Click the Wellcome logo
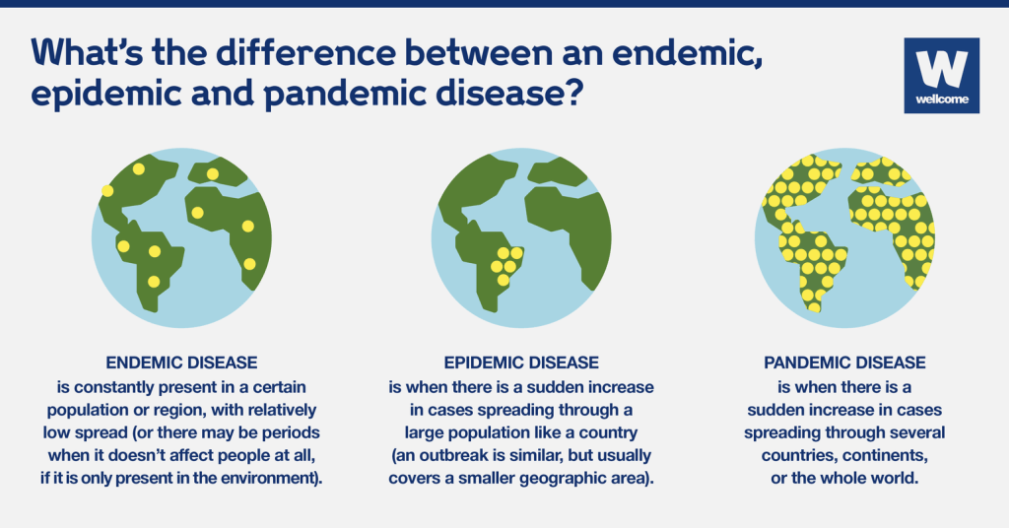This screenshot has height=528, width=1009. [x=940, y=75]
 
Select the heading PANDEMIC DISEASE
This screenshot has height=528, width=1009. [x=844, y=363]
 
